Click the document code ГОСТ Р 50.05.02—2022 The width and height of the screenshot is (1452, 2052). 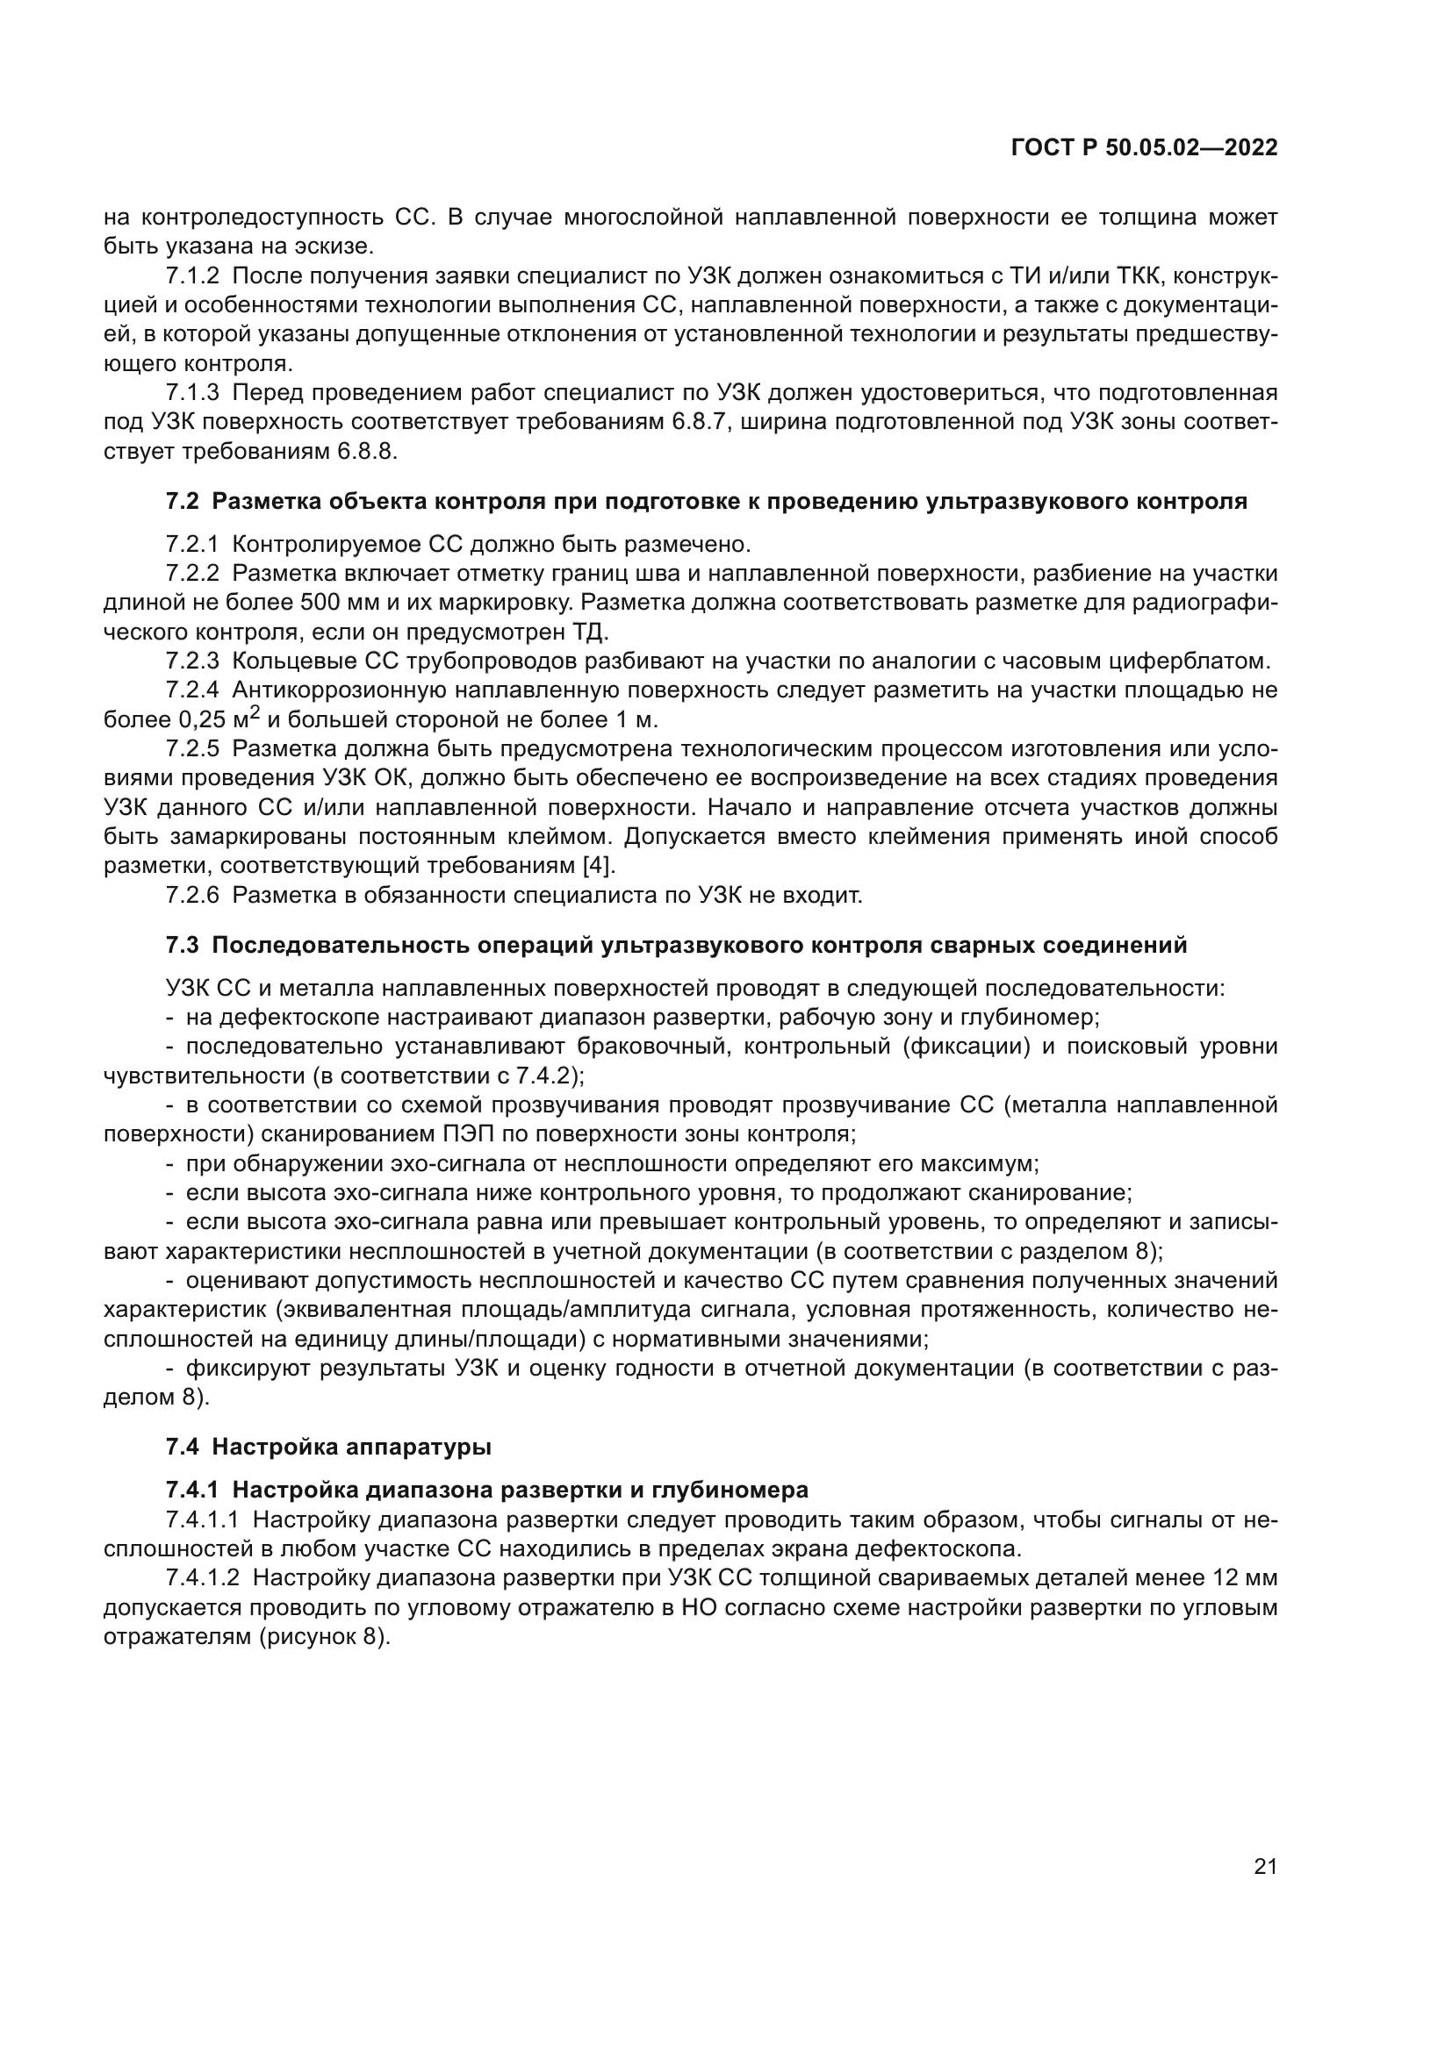click(1144, 147)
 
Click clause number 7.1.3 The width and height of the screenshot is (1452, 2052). click(192, 392)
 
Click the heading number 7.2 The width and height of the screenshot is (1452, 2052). click(183, 502)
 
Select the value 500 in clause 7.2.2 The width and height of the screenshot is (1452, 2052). click(319, 604)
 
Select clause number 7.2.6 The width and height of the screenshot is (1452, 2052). click(192, 896)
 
